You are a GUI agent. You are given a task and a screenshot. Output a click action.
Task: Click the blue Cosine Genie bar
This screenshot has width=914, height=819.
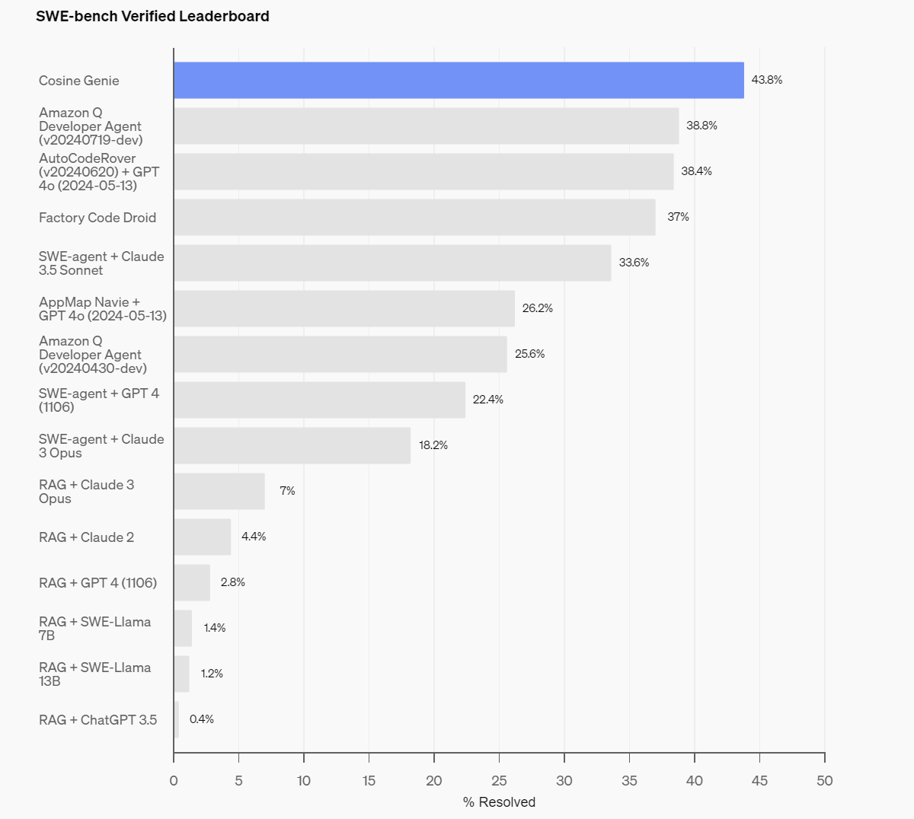[459, 80]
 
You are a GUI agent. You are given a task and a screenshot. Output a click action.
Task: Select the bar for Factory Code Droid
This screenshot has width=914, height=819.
[414, 217]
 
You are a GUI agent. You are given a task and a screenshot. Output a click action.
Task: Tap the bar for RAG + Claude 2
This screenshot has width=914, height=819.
[202, 537]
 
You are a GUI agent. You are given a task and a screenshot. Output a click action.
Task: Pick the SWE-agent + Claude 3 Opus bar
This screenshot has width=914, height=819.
[292, 445]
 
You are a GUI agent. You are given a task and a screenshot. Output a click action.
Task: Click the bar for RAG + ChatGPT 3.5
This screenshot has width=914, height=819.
[177, 719]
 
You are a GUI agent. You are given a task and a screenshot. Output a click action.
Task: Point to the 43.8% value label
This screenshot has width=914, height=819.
[766, 80]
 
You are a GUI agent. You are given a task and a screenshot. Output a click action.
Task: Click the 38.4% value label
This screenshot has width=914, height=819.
[696, 171]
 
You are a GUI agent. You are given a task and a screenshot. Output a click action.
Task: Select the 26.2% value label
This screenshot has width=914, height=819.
[537, 308]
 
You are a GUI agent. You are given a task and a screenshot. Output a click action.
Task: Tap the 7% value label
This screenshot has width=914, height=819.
[287, 491]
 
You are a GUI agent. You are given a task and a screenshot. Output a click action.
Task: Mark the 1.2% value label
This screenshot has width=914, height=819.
[212, 674]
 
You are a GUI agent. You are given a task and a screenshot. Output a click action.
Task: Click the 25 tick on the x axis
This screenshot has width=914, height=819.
[499, 780]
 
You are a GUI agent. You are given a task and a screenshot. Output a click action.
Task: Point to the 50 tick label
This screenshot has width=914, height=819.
[824, 780]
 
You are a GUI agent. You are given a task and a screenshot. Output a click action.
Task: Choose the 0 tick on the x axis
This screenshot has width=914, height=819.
[174, 780]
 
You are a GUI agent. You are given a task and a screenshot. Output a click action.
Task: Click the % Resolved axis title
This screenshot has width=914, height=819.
[499, 802]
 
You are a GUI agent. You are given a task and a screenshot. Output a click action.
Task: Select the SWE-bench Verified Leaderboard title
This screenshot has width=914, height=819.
[152, 16]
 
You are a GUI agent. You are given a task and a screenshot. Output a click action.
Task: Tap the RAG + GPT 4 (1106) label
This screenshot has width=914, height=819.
[97, 583]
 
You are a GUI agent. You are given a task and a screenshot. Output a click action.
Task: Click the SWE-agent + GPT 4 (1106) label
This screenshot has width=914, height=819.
[99, 400]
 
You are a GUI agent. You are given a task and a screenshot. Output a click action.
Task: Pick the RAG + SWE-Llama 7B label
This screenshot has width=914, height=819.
[94, 629]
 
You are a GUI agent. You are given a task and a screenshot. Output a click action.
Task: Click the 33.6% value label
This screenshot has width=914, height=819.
[634, 263]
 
